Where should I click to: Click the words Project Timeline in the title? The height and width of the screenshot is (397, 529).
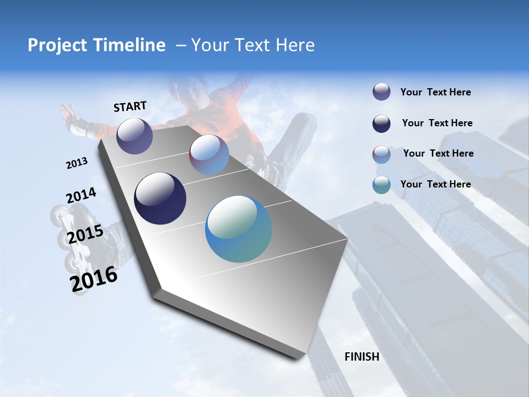[96, 45]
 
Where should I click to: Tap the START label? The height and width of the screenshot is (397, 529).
[130, 106]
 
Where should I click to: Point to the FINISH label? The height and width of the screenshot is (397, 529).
[361, 357]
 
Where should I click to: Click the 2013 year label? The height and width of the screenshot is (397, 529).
[77, 163]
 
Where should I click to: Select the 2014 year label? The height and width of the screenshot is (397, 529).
[81, 196]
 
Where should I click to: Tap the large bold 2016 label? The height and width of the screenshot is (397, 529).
[94, 278]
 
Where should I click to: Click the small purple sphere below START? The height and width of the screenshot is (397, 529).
[134, 136]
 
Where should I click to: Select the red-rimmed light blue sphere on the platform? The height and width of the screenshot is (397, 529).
[209, 154]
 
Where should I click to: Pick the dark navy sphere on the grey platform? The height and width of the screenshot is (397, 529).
[160, 198]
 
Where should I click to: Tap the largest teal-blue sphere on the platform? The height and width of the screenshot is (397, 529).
[239, 229]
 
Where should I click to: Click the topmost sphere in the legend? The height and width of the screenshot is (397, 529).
[381, 92]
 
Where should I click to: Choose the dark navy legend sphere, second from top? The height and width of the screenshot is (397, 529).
[381, 124]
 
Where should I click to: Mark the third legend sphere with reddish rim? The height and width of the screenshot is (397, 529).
[381, 154]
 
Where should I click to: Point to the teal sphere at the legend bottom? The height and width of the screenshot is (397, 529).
[381, 185]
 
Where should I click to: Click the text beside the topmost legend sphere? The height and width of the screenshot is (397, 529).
[435, 93]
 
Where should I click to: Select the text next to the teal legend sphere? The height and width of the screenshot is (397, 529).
[435, 184]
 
